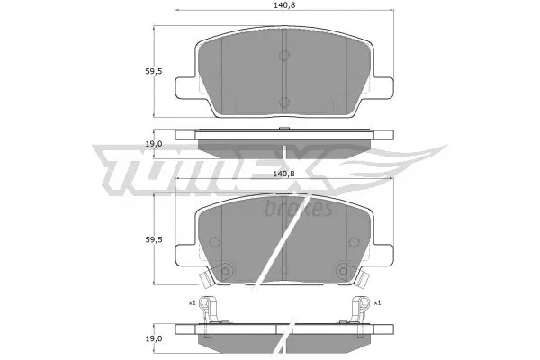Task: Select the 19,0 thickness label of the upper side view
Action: click(154, 143)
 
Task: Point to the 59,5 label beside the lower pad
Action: click(154, 239)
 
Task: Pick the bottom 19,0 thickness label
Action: click(154, 338)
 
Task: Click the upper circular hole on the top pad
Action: click(283, 57)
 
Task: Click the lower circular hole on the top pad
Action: click(283, 103)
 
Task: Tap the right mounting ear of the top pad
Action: click(384, 85)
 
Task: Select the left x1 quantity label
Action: click(192, 302)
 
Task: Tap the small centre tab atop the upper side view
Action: click(283, 129)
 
